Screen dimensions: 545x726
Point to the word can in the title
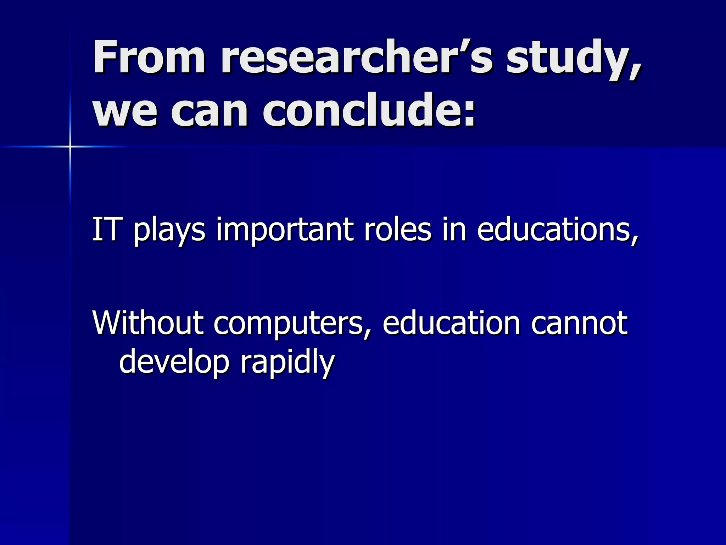210,111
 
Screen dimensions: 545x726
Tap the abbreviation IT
105,230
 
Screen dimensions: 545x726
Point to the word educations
557,230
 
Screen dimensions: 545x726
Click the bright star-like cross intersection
70,146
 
